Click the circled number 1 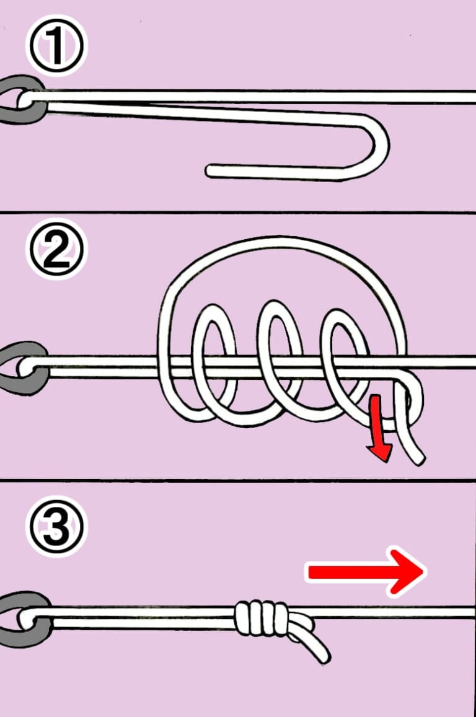point(56,46)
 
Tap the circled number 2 point(56,250)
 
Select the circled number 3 point(56,526)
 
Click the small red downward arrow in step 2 point(379,428)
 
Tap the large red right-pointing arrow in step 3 point(366,571)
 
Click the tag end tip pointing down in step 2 point(419,459)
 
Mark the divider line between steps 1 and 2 point(238,212)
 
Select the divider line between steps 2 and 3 point(238,480)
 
